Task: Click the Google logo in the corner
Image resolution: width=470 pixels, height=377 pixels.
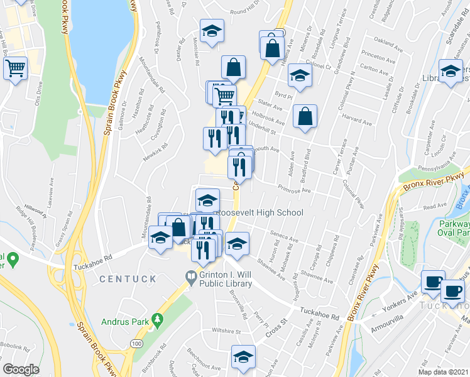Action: pos(21,369)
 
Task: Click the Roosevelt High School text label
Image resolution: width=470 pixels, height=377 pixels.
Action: pos(260,213)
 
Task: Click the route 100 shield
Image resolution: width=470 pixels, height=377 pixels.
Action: pos(136,343)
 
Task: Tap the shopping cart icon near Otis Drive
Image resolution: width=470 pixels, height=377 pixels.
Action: pos(16,67)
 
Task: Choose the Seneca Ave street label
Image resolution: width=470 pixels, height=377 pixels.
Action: pos(285,238)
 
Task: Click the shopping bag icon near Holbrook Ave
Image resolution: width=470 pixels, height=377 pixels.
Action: pos(305,116)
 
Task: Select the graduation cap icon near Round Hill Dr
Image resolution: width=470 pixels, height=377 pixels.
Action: pos(212,30)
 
